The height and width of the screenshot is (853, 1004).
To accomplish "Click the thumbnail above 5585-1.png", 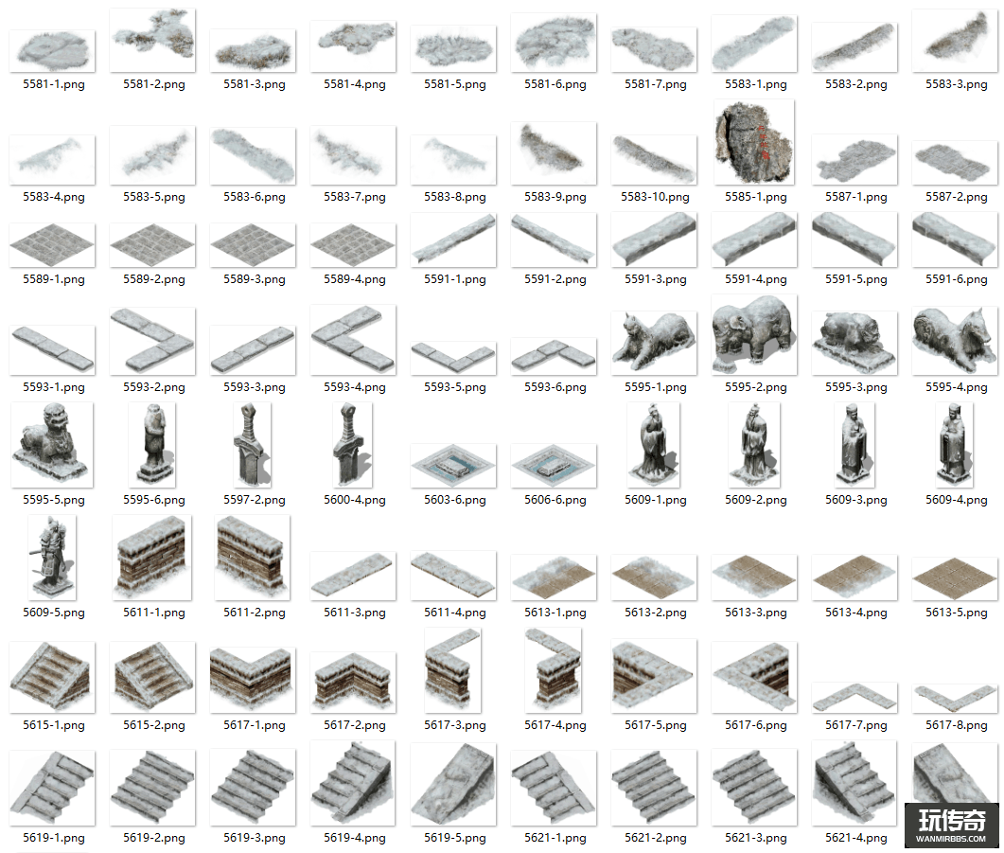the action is click(754, 144).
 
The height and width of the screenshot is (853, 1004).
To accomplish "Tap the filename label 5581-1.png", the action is click(54, 84).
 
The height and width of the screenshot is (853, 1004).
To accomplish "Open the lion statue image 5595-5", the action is click(52, 445).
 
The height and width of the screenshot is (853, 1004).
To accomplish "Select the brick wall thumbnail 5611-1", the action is click(152, 558).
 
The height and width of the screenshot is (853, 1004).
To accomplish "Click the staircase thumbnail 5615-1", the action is click(52, 675).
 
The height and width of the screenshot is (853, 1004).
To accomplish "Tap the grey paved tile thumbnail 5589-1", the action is click(52, 244).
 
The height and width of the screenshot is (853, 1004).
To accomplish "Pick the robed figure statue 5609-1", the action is click(655, 443).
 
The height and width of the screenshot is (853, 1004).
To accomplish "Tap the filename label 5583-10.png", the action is click(655, 197).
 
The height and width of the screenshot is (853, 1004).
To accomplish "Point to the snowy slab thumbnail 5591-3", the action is click(655, 240).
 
